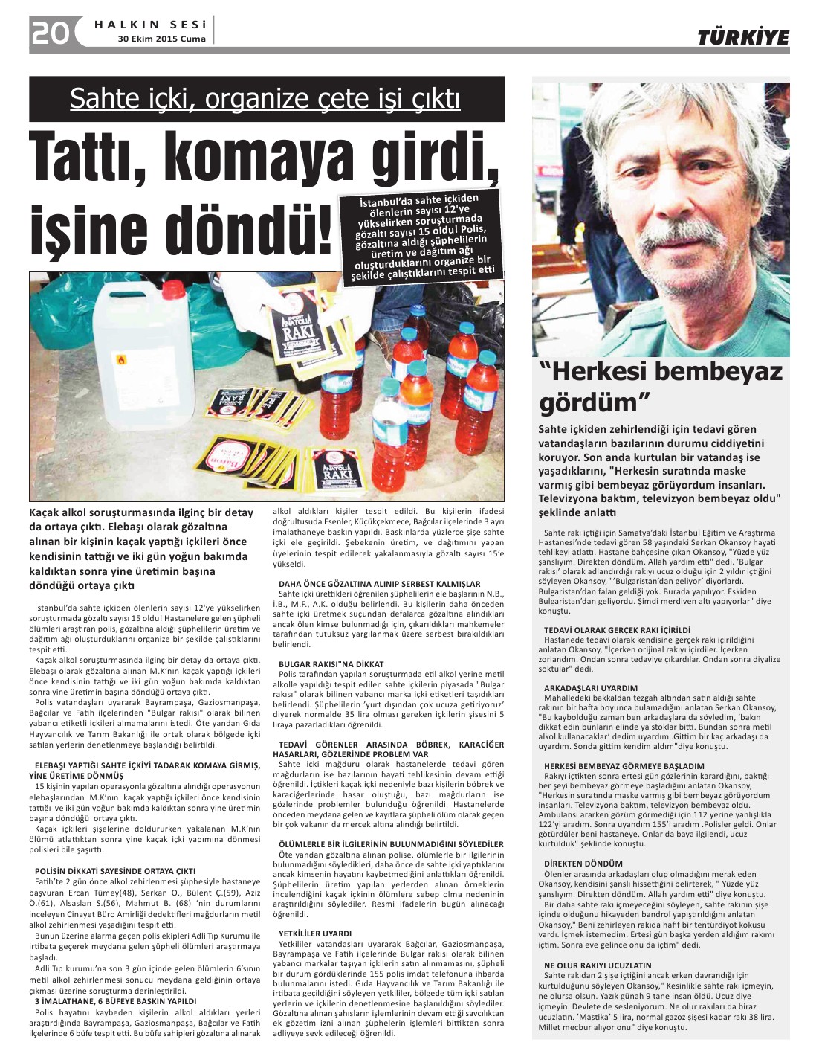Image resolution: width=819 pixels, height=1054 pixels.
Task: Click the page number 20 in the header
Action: [x=50, y=33]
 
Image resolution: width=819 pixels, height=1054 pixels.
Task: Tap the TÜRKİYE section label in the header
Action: [x=742, y=37]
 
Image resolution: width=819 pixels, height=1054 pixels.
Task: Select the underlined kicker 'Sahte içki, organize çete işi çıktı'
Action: [x=265, y=98]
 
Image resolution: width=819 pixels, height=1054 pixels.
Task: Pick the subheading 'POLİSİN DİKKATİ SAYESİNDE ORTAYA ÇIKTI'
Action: [x=115, y=870]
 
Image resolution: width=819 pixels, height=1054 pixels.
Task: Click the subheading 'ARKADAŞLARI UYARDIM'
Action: [x=591, y=688]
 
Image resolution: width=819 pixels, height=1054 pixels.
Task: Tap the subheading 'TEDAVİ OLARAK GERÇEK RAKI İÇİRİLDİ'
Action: [x=617, y=630]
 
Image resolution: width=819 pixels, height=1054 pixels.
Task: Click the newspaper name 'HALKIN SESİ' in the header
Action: [x=149, y=25]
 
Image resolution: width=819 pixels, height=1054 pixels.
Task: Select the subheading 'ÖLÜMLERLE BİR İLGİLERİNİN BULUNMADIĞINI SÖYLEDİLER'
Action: [x=391, y=844]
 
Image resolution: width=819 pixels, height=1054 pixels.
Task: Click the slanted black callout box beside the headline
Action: [x=423, y=237]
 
